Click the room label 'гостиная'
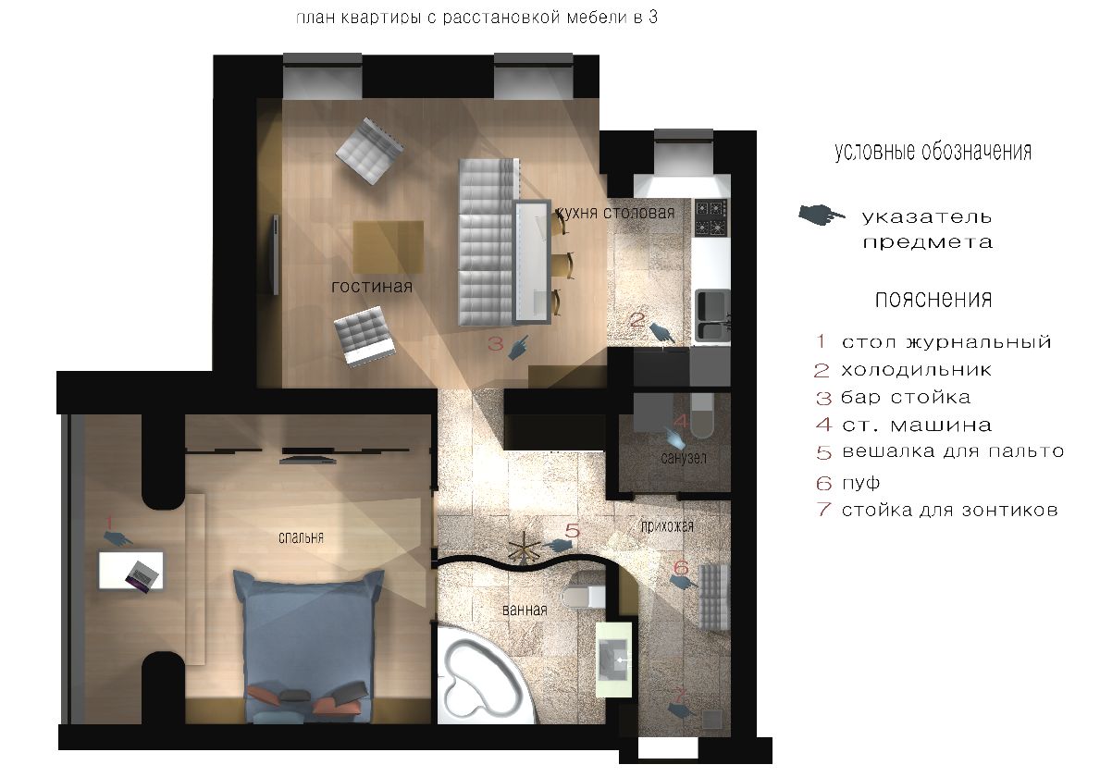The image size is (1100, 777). click(372, 286)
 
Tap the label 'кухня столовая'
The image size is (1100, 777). click(615, 213)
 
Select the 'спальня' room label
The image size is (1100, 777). click(301, 537)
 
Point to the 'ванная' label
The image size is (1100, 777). click(525, 610)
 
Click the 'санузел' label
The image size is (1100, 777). click(684, 458)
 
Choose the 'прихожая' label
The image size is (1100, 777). click(667, 526)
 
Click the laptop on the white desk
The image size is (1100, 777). click(143, 575)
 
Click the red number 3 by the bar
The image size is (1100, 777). click(495, 343)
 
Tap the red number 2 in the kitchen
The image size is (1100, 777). click(637, 320)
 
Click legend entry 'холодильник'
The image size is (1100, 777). click(916, 370)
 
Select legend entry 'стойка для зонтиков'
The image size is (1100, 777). click(950, 510)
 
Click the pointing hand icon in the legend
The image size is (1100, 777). click(822, 215)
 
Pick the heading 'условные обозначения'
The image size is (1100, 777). click(933, 152)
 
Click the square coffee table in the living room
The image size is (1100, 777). click(388, 247)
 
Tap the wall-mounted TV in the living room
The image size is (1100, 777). click(276, 255)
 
